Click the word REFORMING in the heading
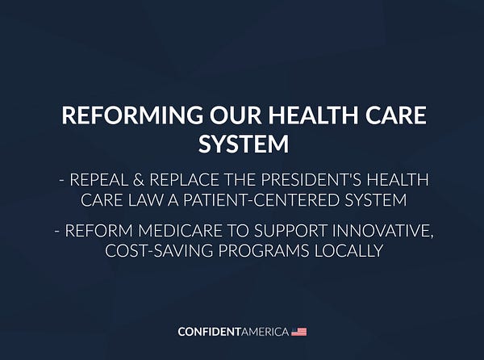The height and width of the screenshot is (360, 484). [132, 115]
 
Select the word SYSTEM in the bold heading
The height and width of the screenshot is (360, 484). [244, 144]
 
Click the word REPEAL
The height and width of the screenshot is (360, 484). [98, 180]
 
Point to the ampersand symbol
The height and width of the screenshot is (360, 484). [139, 180]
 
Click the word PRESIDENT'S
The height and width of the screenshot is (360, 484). [311, 180]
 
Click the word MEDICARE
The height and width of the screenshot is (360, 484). [180, 231]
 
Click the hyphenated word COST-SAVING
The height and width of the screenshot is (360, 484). [159, 251]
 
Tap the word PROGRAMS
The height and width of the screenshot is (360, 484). [264, 251]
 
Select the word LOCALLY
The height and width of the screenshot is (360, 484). [348, 251]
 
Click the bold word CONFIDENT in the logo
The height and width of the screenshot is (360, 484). [209, 332]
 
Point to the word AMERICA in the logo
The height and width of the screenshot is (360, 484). [265, 332]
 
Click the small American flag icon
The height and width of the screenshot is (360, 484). [299, 332]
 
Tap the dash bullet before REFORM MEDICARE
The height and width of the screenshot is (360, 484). [57, 232]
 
